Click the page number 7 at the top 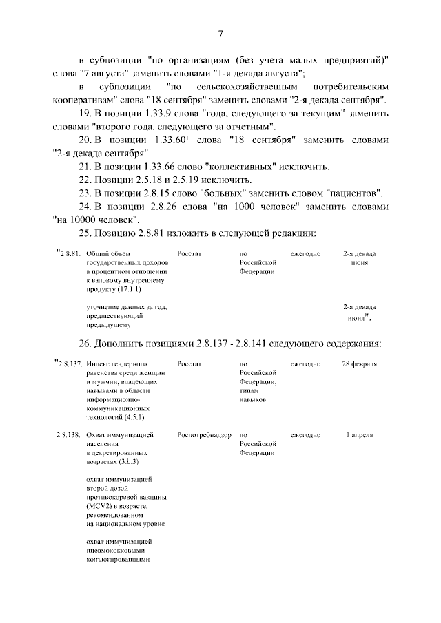pos(220,35)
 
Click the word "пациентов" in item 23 pos(352,193)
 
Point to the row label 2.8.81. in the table pos(70,254)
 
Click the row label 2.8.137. pos(70,363)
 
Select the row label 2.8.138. pos(70,436)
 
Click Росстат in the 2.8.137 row pos(189,363)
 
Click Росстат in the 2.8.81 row pos(189,254)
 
